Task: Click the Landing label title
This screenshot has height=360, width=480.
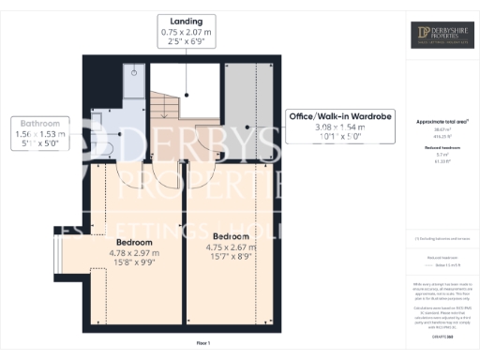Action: pyautogui.click(x=186, y=21)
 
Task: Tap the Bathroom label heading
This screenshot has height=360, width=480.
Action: pyautogui.click(x=40, y=123)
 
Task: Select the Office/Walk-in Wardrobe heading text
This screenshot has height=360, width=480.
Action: pyautogui.click(x=338, y=116)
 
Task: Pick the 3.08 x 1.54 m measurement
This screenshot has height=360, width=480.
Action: pyautogui.click(x=338, y=127)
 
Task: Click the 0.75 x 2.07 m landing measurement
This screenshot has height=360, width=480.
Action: pyautogui.click(x=186, y=32)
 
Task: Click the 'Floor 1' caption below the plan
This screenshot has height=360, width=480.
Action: pyautogui.click(x=202, y=344)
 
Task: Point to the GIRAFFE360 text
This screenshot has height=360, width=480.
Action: pyautogui.click(x=442, y=322)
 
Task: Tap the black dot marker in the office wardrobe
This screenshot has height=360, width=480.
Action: pyautogui.click(x=247, y=127)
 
